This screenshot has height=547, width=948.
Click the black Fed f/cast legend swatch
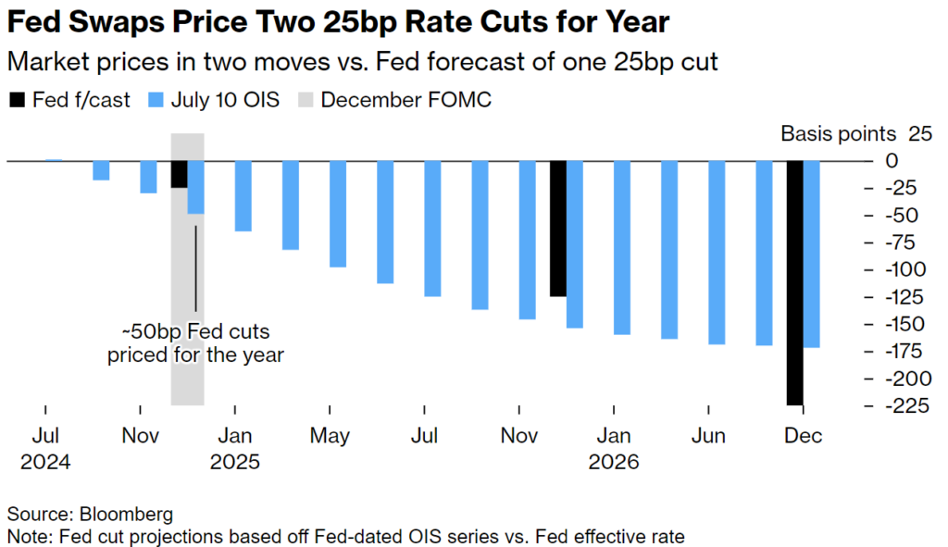[17, 100]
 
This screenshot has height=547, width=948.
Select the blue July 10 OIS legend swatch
[156, 100]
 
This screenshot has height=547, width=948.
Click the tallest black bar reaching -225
[795, 282]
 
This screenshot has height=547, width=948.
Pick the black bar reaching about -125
[558, 229]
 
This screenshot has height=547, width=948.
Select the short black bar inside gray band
[180, 174]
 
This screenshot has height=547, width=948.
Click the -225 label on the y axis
[906, 406]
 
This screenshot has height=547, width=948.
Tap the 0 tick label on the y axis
[892, 161]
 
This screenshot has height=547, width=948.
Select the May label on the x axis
[330, 436]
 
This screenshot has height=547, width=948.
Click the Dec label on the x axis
[804, 436]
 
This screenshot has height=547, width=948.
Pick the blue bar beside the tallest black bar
[812, 254]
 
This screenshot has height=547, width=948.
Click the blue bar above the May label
[338, 214]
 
